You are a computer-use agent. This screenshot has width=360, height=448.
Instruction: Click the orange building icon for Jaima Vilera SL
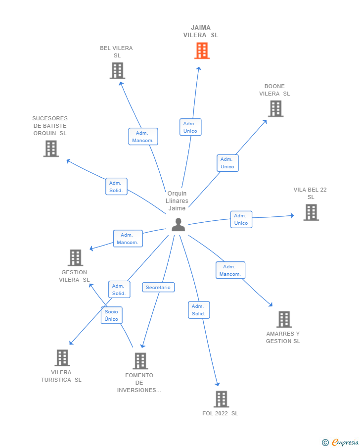pos(202,50)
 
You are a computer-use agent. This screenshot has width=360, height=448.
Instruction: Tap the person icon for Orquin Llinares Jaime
pos(178,225)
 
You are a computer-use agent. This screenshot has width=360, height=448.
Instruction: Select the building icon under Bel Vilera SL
pos(117,71)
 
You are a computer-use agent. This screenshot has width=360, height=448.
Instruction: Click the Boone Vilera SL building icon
pos(275,108)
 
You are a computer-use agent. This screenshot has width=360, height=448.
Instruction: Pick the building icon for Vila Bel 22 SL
pos(311,212)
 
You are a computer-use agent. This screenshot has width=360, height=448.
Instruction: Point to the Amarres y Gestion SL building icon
pos(284,319)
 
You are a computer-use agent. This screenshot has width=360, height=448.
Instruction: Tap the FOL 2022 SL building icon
pos(221,399)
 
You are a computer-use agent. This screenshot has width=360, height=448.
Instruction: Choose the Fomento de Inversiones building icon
pos(140,361)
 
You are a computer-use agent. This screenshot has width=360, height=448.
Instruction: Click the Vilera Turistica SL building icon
pos(62,357)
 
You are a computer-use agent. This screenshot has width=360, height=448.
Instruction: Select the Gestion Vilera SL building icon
pos(75,257)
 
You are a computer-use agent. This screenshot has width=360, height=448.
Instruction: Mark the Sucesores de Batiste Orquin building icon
pos(51,149)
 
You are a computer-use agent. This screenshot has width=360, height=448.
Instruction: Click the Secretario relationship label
pos(158,288)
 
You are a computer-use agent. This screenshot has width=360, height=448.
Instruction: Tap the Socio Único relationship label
pos(111,315)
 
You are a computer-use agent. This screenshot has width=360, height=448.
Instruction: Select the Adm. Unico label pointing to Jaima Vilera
pos(190,127)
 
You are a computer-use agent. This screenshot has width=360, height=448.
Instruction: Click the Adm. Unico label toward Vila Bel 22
pos(241,219)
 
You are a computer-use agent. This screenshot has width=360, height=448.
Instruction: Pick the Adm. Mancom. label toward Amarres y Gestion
pos(230,270)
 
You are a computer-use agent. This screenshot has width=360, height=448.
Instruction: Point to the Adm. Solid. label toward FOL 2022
pos(199,310)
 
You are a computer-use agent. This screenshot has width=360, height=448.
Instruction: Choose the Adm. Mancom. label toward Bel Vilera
pos(143,137)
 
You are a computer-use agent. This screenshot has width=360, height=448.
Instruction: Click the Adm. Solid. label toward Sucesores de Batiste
pos(116,187)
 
